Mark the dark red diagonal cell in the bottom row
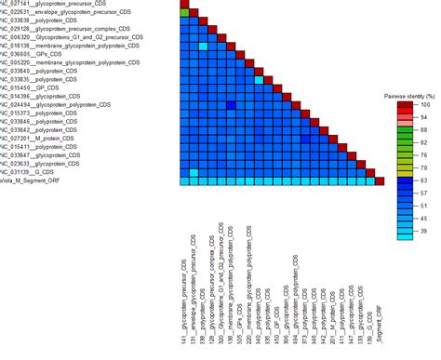[x=379, y=180]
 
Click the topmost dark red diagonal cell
[x=183, y=6]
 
